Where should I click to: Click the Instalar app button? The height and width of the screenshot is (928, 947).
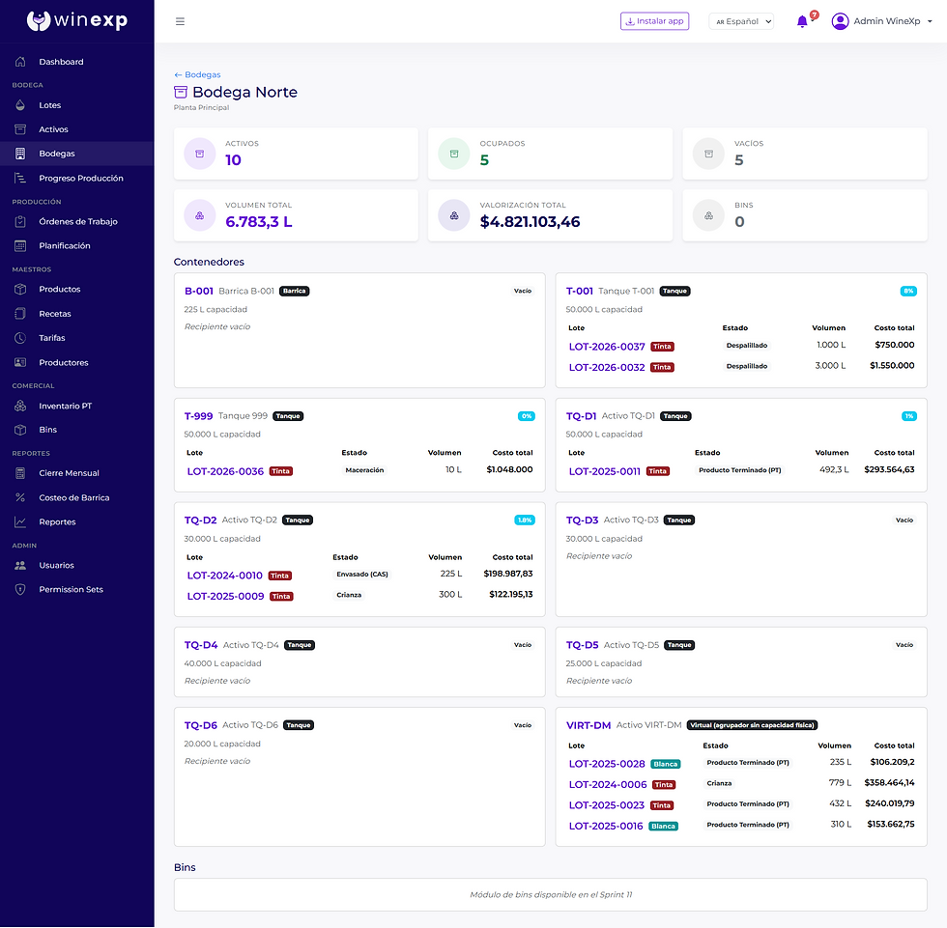pyautogui.click(x=655, y=21)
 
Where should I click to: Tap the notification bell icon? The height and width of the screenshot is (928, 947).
pyautogui.click(x=802, y=21)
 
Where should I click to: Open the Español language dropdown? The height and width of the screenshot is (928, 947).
pyautogui.click(x=741, y=21)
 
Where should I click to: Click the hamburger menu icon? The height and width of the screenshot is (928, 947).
pyautogui.click(x=180, y=21)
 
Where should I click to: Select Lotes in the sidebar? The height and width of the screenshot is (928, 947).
pyautogui.click(x=50, y=105)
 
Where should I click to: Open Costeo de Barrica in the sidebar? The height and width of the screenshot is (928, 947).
pyautogui.click(x=74, y=497)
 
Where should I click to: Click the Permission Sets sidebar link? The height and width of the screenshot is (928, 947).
pyautogui.click(x=72, y=589)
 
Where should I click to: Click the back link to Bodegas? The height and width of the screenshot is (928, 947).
pyautogui.click(x=197, y=74)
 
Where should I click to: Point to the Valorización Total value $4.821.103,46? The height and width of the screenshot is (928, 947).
pyautogui.click(x=530, y=222)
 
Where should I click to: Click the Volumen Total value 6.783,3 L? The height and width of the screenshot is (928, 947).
pyautogui.click(x=259, y=222)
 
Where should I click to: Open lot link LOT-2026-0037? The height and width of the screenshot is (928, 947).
pyautogui.click(x=607, y=347)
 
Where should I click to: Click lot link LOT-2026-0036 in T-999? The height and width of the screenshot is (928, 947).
pyautogui.click(x=225, y=471)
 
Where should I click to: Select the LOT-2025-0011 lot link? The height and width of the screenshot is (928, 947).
pyautogui.click(x=605, y=471)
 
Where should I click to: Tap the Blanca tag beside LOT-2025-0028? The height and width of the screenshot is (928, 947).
pyautogui.click(x=666, y=764)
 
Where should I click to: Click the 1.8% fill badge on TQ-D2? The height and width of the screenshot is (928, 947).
pyautogui.click(x=524, y=520)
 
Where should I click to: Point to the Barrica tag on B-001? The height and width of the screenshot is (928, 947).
pyautogui.click(x=294, y=291)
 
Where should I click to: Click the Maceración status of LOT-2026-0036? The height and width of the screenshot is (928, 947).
pyautogui.click(x=364, y=470)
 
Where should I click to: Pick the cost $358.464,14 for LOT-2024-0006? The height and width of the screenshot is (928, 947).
pyautogui.click(x=889, y=782)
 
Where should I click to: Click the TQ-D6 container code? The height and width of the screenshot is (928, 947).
pyautogui.click(x=201, y=725)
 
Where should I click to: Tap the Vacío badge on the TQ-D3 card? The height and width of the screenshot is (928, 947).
pyautogui.click(x=904, y=520)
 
